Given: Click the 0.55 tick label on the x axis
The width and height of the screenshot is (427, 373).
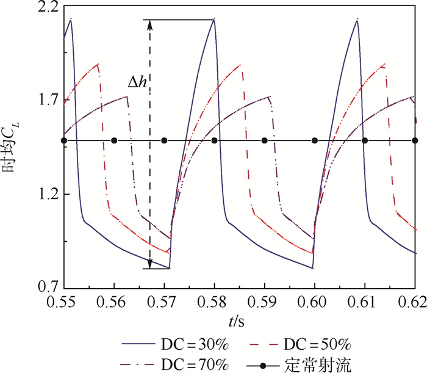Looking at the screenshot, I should pyautogui.click(x=63, y=301).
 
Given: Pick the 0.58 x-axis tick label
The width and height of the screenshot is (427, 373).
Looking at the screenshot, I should pyautogui.click(x=214, y=301).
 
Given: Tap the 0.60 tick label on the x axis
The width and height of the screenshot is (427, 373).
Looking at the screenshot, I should pyautogui.click(x=315, y=301).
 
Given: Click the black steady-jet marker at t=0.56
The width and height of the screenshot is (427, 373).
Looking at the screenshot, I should pyautogui.click(x=114, y=141).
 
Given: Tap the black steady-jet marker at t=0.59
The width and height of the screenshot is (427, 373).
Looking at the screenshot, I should pyautogui.click(x=264, y=141).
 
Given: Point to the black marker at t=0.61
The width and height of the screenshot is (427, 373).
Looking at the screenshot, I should pyautogui.click(x=365, y=141).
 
